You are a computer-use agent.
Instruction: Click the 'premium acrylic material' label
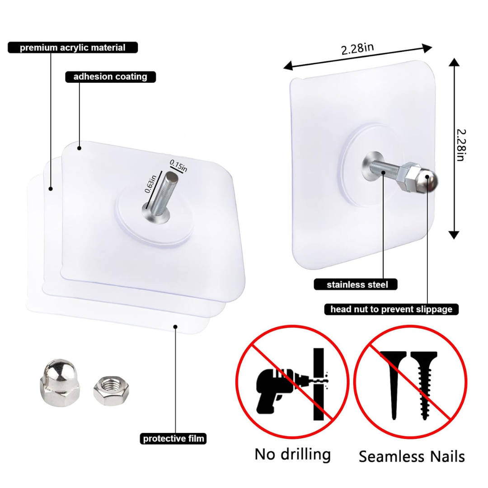pos(72,47)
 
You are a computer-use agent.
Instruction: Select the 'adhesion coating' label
pos(110,76)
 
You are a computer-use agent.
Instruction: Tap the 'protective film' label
pos(174,438)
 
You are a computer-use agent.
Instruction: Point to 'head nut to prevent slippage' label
pos(391,310)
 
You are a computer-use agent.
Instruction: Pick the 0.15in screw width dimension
pos(178,165)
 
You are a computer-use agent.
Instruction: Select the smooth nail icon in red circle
pos(392,384)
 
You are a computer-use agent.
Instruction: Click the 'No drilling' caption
pos(292,454)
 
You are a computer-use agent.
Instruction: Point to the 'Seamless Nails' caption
pos(412,456)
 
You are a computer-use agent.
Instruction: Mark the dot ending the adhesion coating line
pos(80,148)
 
